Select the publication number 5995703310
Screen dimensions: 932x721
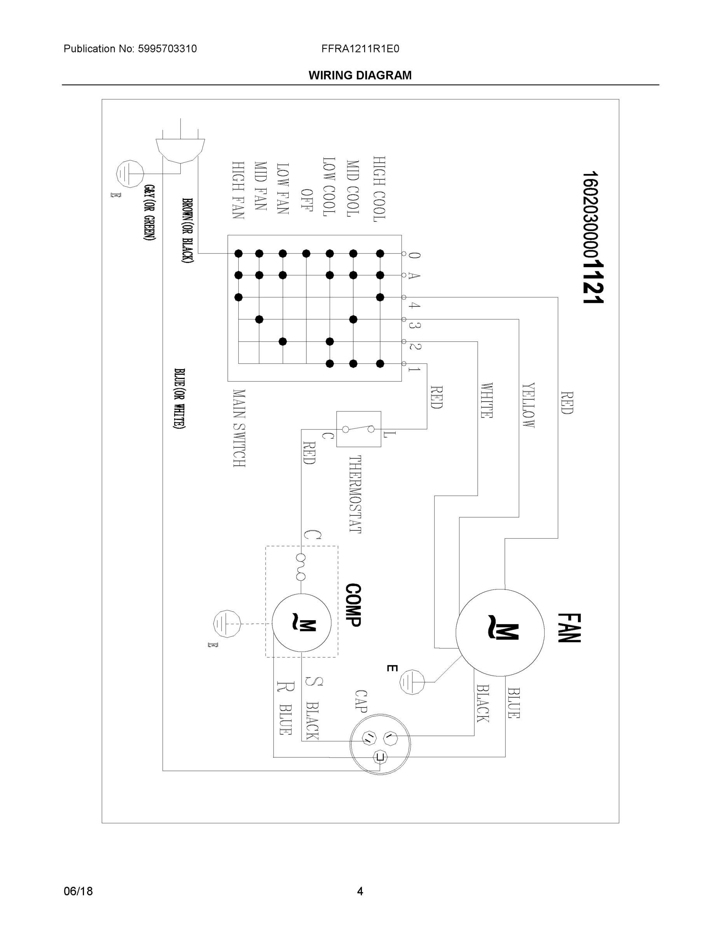click(x=167, y=49)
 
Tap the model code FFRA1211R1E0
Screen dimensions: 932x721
click(x=360, y=49)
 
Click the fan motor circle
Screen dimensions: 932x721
click(x=500, y=633)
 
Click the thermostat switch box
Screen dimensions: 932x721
click(x=358, y=429)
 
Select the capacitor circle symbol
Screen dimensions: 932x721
click(x=380, y=744)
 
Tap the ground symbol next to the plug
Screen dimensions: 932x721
click(x=129, y=174)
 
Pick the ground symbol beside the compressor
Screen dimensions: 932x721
click(x=226, y=624)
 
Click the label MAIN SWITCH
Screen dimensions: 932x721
click(x=239, y=428)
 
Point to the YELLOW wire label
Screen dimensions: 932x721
click(x=528, y=405)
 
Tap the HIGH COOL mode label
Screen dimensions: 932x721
click(x=379, y=189)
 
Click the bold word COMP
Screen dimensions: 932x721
click(x=353, y=605)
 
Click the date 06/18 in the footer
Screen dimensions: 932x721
click(x=78, y=891)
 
